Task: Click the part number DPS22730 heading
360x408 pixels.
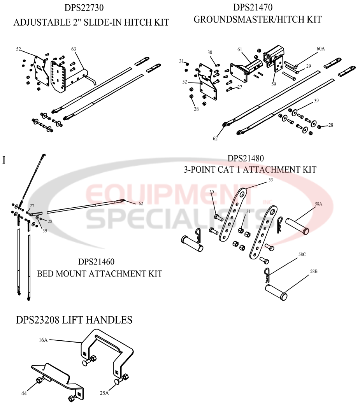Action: click(91, 7)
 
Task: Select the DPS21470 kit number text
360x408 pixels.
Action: click(258, 7)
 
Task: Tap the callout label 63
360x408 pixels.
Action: click(74, 49)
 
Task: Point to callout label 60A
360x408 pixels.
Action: click(321, 49)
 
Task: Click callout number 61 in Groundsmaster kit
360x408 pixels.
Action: click(240, 49)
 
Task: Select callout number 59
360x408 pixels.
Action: click(274, 83)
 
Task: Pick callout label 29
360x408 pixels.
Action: click(308, 67)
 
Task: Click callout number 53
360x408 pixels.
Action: click(271, 180)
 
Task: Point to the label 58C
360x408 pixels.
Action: click(302, 254)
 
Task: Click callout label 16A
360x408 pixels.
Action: click(43, 340)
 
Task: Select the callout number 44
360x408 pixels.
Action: click(24, 393)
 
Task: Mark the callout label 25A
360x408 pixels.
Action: click(104, 393)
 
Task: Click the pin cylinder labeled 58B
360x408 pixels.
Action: click(276, 292)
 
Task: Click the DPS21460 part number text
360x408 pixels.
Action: click(96, 261)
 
